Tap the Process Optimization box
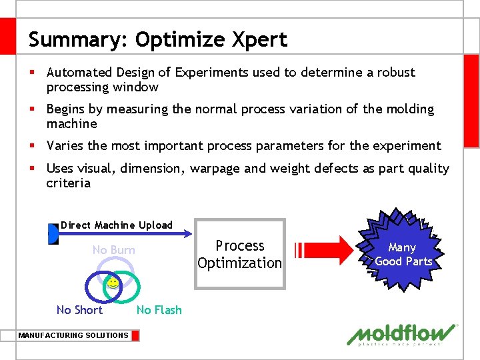coord(240,254)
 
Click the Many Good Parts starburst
coord(403,254)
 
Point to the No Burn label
coord(113,250)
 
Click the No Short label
coord(79,309)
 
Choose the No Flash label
coord(159,309)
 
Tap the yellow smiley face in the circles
coord(113,283)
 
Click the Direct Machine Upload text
coord(117,225)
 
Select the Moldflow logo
coord(403,334)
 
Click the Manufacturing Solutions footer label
coord(73,335)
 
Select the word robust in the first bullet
coord(395,72)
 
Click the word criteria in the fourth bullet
coord(68,183)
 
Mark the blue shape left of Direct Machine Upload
coord(53,234)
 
